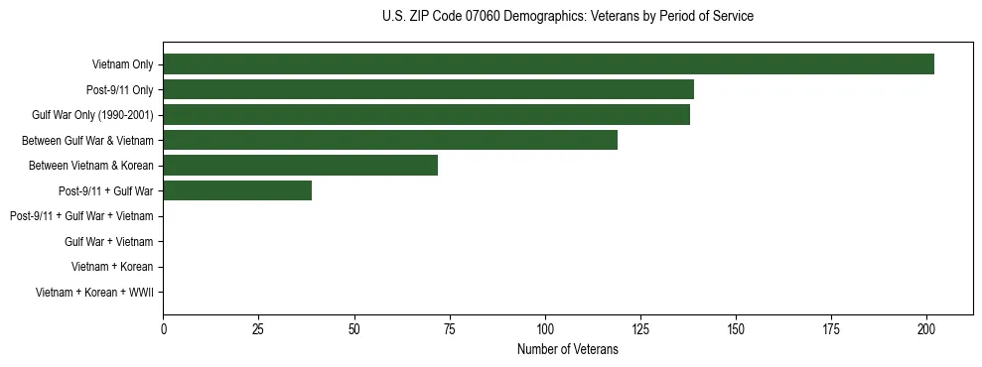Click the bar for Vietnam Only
pyautogui.click(x=548, y=64)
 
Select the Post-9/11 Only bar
pyautogui.click(x=428, y=90)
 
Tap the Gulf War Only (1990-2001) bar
pyautogui.click(x=426, y=115)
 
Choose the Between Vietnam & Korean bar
pyautogui.click(x=300, y=166)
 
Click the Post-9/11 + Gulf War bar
pyautogui.click(x=237, y=190)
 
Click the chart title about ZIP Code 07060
pyautogui.click(x=567, y=17)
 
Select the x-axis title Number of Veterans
pyautogui.click(x=567, y=349)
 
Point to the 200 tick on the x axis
pyautogui.click(x=926, y=328)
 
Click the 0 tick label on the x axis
pyautogui.click(x=163, y=328)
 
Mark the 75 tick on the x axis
pyautogui.click(x=449, y=328)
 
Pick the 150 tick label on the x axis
pyautogui.click(x=736, y=328)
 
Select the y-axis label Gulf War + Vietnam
pyautogui.click(x=108, y=241)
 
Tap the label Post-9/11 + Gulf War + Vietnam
pyautogui.click(x=81, y=216)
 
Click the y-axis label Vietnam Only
pyautogui.click(x=122, y=65)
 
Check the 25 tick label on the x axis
pyautogui.click(x=258, y=328)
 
